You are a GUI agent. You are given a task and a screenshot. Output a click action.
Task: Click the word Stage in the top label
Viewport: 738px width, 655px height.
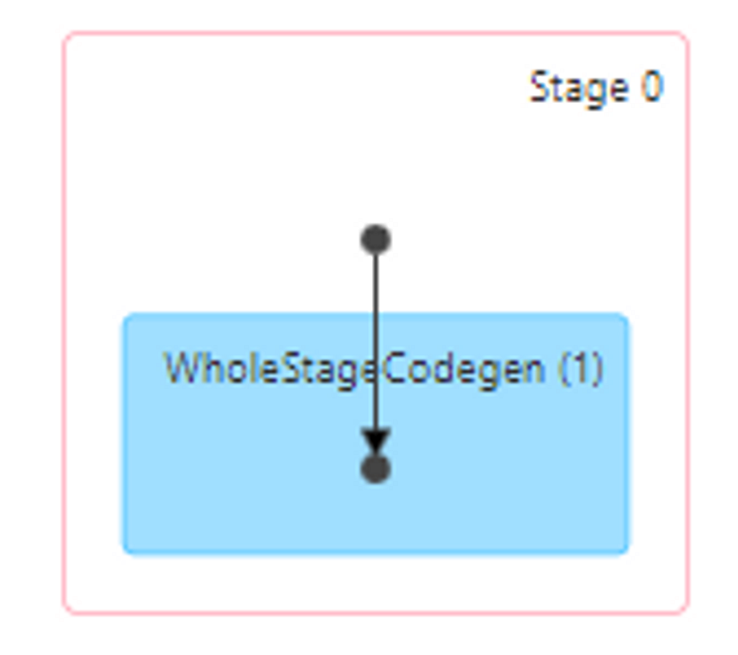[x=578, y=88]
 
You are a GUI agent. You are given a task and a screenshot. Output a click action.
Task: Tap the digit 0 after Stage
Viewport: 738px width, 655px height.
[x=651, y=87]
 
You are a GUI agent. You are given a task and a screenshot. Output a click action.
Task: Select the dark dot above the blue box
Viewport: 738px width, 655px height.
[x=375, y=240]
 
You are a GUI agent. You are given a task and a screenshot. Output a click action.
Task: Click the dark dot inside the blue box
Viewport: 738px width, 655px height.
[x=375, y=468]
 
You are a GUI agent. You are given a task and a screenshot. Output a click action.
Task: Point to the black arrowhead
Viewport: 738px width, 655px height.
[x=375, y=441]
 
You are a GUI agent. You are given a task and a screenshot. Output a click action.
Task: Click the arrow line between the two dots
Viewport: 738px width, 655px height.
[x=375, y=338]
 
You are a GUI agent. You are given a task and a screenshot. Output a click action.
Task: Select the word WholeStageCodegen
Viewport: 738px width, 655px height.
[x=354, y=369]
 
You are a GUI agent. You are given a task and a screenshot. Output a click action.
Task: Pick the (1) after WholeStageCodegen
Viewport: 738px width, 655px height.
[x=581, y=369]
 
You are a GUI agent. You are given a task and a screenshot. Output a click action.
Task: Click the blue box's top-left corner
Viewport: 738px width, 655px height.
[x=126, y=317]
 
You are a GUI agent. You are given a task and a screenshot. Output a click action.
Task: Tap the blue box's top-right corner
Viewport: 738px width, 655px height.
[x=626, y=317]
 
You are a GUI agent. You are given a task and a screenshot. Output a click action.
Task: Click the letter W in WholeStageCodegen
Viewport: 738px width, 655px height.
[x=180, y=368]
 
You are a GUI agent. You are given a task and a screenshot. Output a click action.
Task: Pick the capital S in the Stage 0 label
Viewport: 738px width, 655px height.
[x=538, y=88]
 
